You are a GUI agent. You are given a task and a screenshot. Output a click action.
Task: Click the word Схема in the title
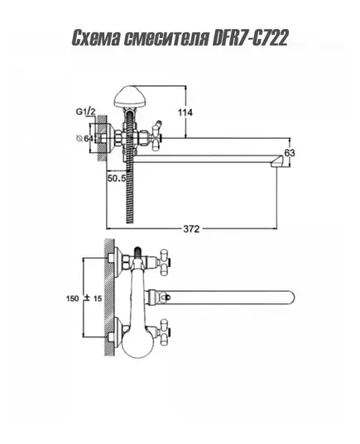click(x=96, y=38)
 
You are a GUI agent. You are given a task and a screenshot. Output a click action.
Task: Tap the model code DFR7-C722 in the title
click(x=250, y=38)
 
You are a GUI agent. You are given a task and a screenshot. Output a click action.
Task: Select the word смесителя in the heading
click(x=166, y=38)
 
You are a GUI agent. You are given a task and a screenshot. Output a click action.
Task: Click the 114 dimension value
click(x=185, y=112)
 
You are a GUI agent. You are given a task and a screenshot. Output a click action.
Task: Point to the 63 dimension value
click(x=290, y=153)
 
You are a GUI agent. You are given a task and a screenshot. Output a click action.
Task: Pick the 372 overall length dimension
click(x=191, y=229)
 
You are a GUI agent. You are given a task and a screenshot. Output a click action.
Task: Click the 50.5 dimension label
click(x=117, y=179)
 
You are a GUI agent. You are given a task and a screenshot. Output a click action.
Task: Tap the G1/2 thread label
click(x=85, y=112)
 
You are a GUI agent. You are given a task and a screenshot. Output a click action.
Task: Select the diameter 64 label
click(x=84, y=138)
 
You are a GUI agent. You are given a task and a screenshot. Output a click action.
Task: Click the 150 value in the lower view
click(x=73, y=298)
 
